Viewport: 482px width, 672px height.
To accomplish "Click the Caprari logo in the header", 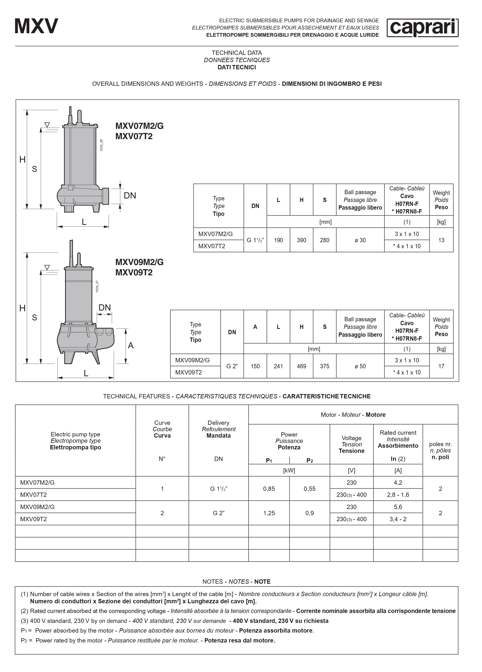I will pyautogui.click(x=422, y=28).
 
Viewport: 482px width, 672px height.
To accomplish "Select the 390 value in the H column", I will pyautogui.click(x=301, y=240).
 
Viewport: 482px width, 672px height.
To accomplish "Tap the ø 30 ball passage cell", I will pyautogui.click(x=360, y=240).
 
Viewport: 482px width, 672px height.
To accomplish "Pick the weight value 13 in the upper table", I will pyautogui.click(x=441, y=240).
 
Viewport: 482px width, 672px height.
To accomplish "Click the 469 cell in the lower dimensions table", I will pyautogui.click(x=301, y=366).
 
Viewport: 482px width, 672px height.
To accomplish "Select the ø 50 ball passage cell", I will pyautogui.click(x=360, y=366).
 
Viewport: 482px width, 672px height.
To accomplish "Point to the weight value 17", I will pyautogui.click(x=441, y=366).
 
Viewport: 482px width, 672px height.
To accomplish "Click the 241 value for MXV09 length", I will pyautogui.click(x=278, y=366).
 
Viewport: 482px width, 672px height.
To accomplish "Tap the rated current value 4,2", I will pyautogui.click(x=398, y=483).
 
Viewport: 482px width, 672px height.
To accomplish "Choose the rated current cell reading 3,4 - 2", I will pyautogui.click(x=398, y=519).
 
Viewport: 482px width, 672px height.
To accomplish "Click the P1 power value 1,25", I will pyautogui.click(x=269, y=513).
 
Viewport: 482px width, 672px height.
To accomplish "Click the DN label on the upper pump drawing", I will pyautogui.click(x=130, y=196).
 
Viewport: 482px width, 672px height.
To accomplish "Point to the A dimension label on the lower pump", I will pyautogui.click(x=131, y=345).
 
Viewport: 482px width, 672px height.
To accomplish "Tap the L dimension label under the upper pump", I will pyautogui.click(x=84, y=222).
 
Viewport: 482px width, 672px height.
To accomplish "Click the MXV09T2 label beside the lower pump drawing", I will pyautogui.click(x=134, y=272).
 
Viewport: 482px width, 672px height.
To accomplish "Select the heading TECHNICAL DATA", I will pyautogui.click(x=237, y=53).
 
